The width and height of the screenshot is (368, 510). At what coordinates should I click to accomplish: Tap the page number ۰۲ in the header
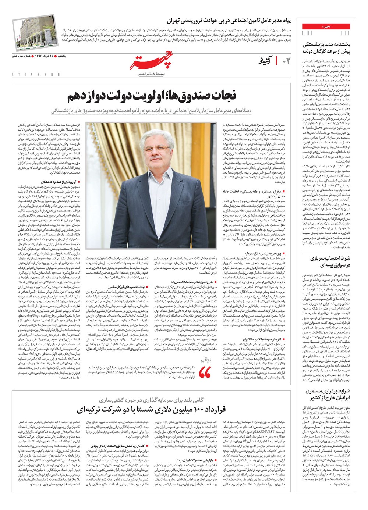point(286,61)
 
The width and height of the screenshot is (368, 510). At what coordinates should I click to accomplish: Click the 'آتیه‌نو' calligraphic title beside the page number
point(266,61)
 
